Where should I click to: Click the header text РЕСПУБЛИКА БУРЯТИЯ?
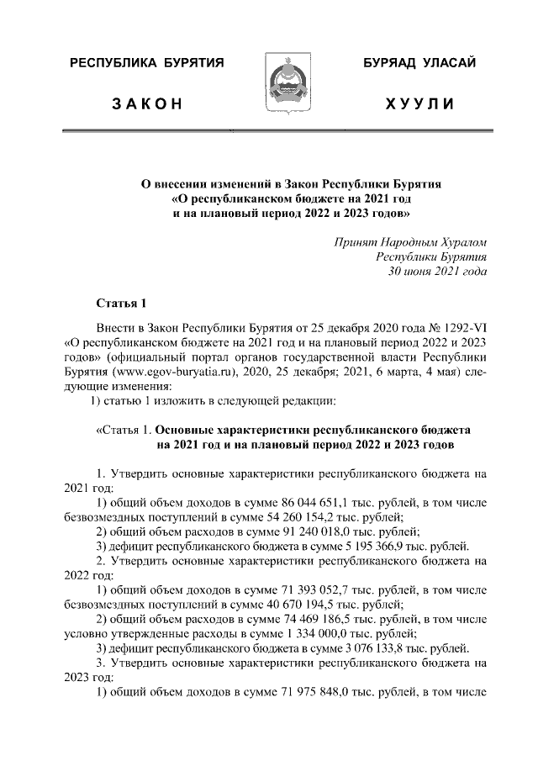[145, 63]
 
